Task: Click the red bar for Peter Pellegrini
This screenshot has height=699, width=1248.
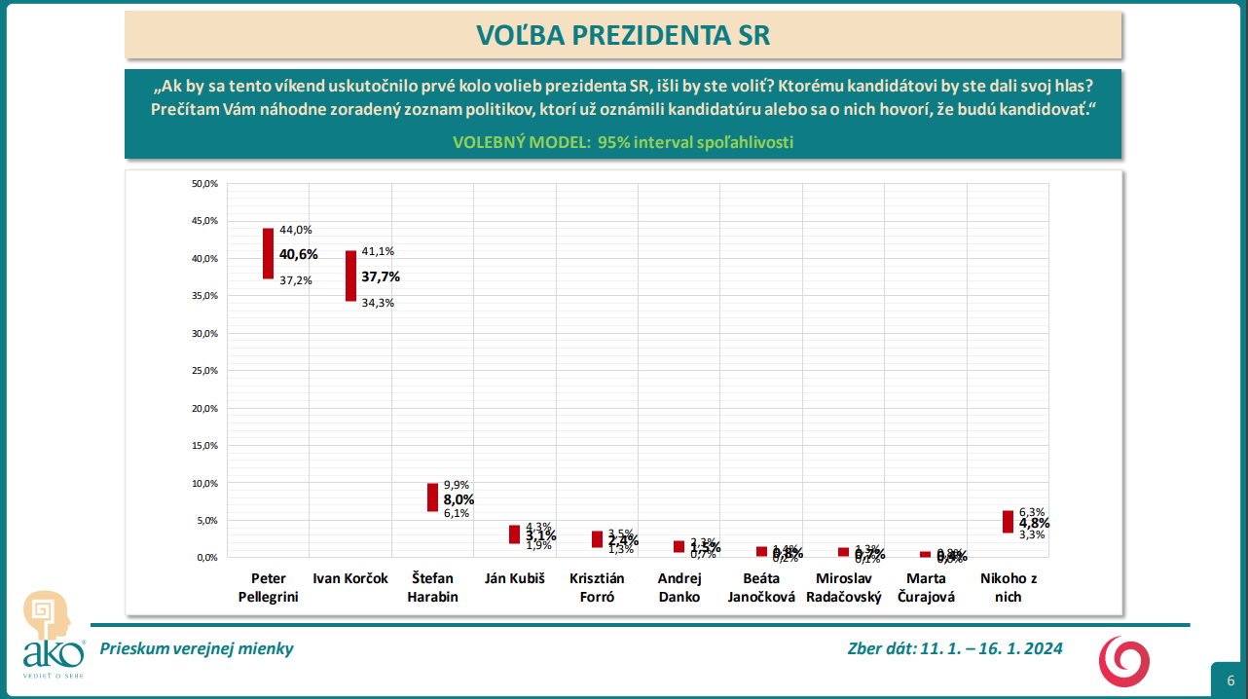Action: [268, 254]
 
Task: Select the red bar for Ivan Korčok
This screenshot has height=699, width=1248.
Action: [350, 276]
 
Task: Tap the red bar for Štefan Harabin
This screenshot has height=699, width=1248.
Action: [432, 497]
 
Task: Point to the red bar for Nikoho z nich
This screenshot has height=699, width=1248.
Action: [1008, 522]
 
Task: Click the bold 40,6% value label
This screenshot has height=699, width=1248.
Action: [299, 254]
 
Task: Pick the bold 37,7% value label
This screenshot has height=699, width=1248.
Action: [381, 276]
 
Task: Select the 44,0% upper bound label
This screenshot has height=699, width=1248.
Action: [296, 230]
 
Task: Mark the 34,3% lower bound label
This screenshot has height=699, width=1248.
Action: [378, 303]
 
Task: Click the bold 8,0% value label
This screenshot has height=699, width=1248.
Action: [459, 499]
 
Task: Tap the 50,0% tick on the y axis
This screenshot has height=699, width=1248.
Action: [204, 184]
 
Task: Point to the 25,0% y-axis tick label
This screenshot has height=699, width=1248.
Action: [204, 371]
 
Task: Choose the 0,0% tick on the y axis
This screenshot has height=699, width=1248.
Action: [206, 558]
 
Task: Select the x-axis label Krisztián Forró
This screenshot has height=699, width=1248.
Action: [596, 588]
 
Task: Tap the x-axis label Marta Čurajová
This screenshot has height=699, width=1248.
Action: [925, 588]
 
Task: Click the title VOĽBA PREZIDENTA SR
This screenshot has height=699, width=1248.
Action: [623, 35]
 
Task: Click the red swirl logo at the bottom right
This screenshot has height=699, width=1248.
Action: [1124, 661]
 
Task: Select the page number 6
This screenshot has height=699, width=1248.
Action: [1230, 681]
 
